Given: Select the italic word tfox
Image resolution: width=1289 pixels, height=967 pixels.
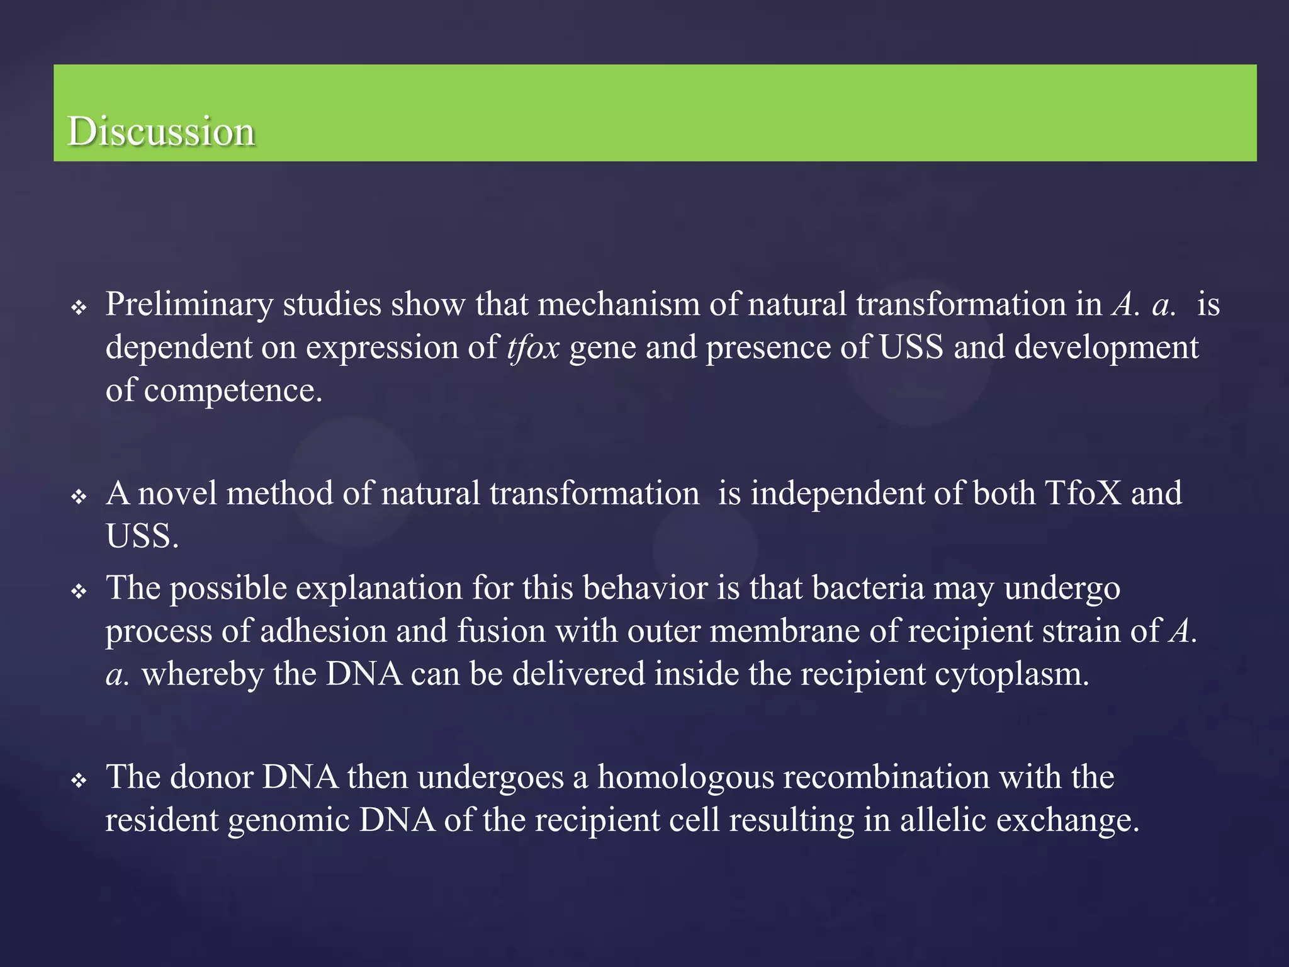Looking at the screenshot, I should click(532, 348).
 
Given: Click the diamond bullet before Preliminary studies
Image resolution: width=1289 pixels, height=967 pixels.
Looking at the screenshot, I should click(79, 308).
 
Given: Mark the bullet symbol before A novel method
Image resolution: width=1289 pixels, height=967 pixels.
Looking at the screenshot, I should click(79, 497).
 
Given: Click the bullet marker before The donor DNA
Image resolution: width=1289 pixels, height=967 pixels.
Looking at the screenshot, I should click(79, 781).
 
